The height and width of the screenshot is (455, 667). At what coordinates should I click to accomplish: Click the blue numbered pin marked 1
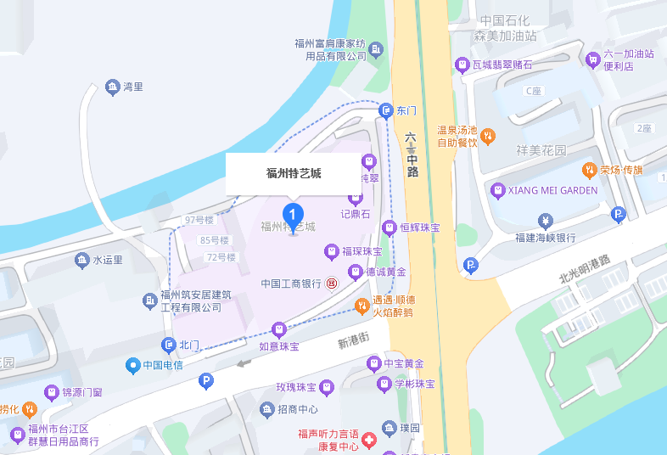pyautogui.click(x=293, y=213)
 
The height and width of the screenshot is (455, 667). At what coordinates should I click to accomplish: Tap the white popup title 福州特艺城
pyautogui.click(x=294, y=174)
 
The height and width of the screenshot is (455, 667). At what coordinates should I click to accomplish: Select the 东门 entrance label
pyautogui.click(x=406, y=111)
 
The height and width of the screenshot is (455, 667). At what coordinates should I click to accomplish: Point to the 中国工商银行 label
pyautogui.click(x=290, y=283)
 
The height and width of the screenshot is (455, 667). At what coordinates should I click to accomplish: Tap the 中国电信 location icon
pyautogui.click(x=132, y=366)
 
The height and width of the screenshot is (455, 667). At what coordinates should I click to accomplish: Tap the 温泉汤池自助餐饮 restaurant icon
pyautogui.click(x=488, y=136)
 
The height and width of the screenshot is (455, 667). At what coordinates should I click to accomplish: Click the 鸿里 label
pyautogui.click(x=132, y=87)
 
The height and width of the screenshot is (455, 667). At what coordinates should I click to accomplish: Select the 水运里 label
pyautogui.click(x=108, y=260)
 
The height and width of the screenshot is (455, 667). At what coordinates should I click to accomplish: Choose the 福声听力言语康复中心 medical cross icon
pyautogui.click(x=368, y=441)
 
